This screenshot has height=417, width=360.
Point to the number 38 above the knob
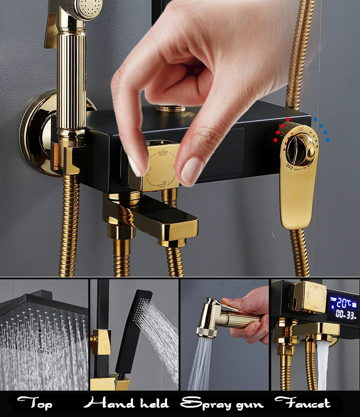click(300, 129)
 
